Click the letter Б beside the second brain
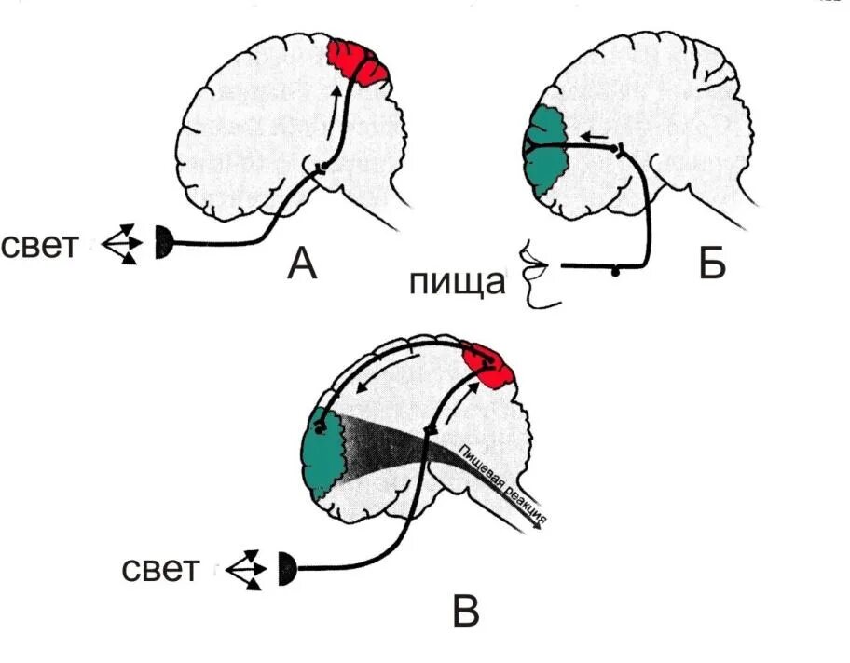tap(711, 264)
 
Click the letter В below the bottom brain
tap(465, 612)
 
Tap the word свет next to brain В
tap(160, 568)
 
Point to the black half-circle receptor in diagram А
tap(164, 244)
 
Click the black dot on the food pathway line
tap(614, 272)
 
